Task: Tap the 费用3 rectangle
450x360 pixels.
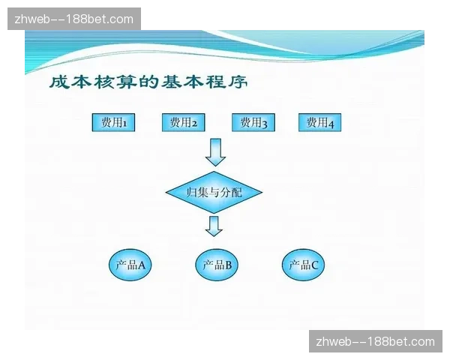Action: click(x=253, y=122)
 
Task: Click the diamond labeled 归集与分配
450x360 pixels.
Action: click(x=214, y=193)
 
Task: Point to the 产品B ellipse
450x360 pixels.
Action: click(x=217, y=265)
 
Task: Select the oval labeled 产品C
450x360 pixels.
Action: click(x=304, y=265)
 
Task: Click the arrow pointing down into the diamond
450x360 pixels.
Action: click(x=216, y=151)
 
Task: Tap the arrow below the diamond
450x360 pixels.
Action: click(x=214, y=226)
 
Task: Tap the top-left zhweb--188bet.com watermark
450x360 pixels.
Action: click(x=74, y=19)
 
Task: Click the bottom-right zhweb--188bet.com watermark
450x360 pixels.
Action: click(x=375, y=342)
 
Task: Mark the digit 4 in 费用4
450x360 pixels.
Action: click(x=330, y=123)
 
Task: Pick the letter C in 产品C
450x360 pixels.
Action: click(x=315, y=265)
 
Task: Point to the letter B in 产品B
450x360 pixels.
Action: click(x=228, y=265)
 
